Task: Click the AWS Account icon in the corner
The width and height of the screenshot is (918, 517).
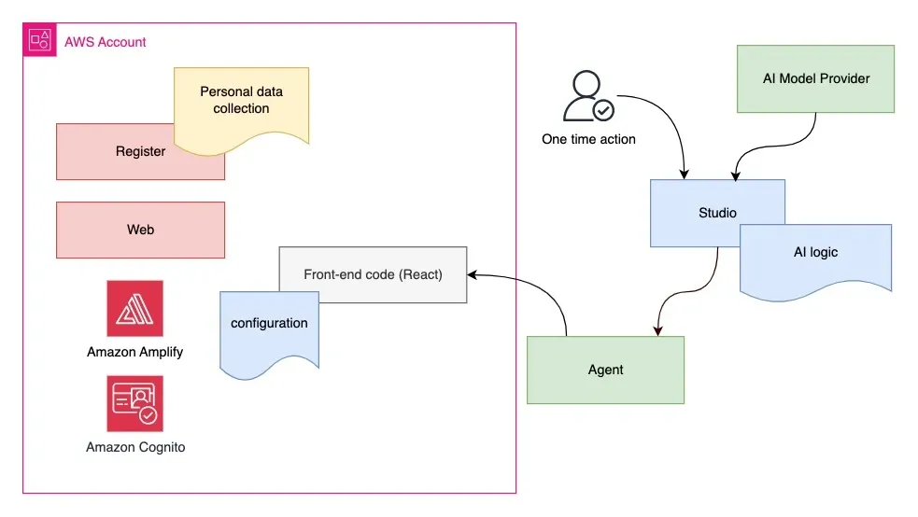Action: click(x=39, y=40)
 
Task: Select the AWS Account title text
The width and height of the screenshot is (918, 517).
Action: click(x=106, y=42)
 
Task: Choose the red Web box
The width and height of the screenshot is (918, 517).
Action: click(x=140, y=230)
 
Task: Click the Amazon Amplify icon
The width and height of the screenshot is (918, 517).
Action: click(x=134, y=308)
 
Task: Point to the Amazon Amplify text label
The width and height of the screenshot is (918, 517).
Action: click(x=134, y=352)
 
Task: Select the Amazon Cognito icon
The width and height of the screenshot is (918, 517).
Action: click(x=134, y=403)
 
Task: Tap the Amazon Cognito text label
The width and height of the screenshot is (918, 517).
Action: click(x=135, y=447)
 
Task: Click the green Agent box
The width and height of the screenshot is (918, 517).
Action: click(x=605, y=370)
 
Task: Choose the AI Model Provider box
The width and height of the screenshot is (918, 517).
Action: click(x=815, y=78)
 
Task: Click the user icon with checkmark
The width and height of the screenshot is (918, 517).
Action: click(x=588, y=98)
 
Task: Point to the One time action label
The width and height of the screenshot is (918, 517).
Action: click(x=588, y=139)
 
